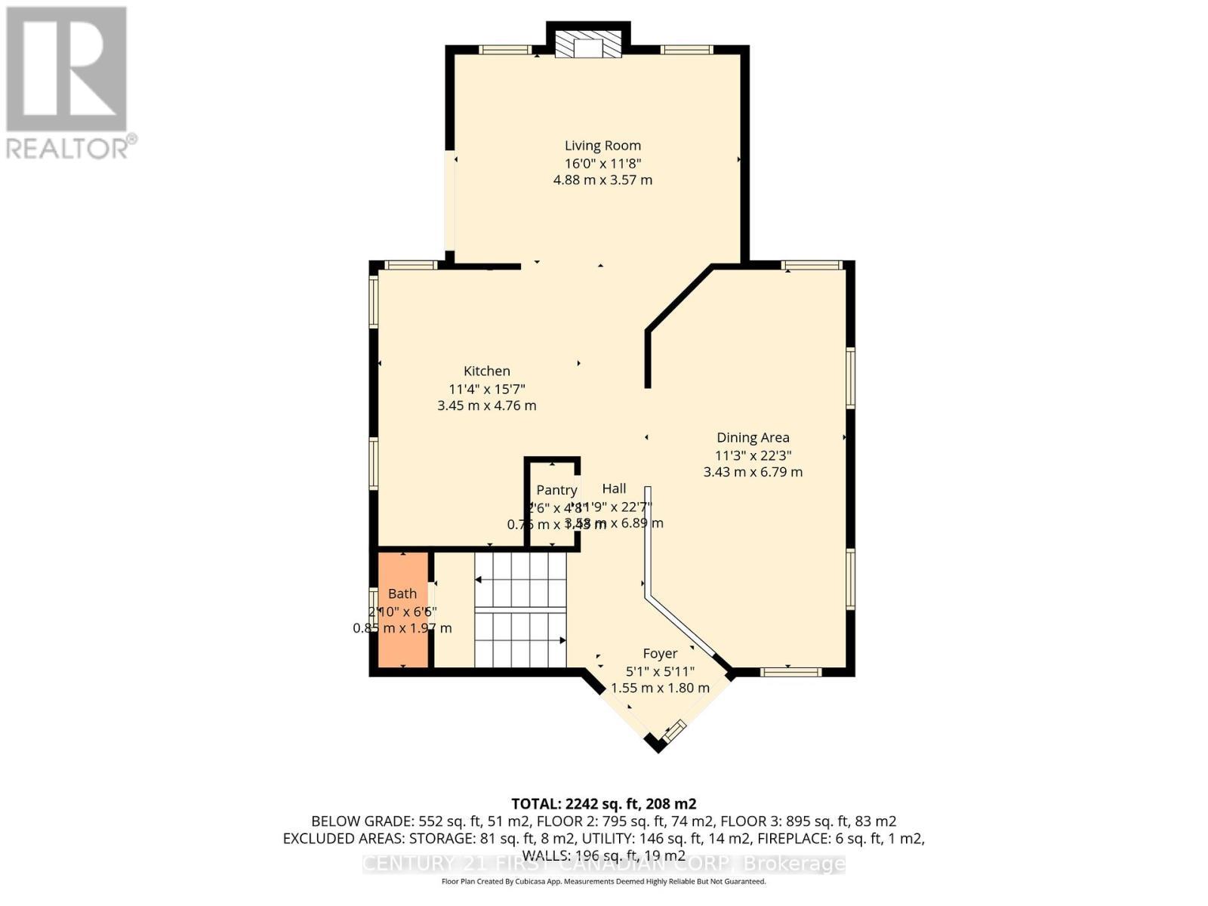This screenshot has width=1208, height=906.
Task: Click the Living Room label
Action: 602,146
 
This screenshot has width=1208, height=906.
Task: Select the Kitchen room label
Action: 486,371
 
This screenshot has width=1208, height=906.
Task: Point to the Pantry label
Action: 556,490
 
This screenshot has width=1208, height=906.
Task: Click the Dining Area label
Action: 753,437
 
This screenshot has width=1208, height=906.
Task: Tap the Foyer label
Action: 660,653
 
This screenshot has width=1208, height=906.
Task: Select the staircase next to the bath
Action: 520,610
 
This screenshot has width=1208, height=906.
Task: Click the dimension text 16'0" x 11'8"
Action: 602,163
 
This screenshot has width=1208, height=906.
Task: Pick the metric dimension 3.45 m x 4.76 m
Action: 486,405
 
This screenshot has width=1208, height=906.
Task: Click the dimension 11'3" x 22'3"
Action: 753,455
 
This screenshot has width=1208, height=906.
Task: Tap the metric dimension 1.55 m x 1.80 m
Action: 660,688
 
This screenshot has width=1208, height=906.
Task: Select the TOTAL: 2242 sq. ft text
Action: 603,803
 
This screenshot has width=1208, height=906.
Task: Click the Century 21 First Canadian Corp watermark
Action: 603,864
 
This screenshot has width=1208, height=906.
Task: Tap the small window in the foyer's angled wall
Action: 674,729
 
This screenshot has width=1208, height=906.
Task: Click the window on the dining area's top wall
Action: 811,265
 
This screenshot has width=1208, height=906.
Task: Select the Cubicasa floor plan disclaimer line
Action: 603,882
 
